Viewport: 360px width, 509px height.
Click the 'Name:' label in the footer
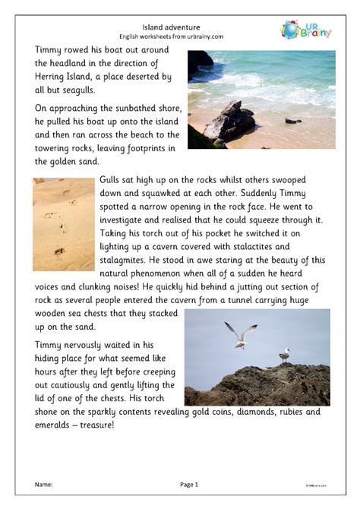(x=44, y=484)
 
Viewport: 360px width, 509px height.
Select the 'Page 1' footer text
(x=188, y=484)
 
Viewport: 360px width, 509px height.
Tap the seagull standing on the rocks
(x=284, y=355)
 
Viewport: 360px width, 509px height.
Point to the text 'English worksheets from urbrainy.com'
(x=180, y=35)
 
